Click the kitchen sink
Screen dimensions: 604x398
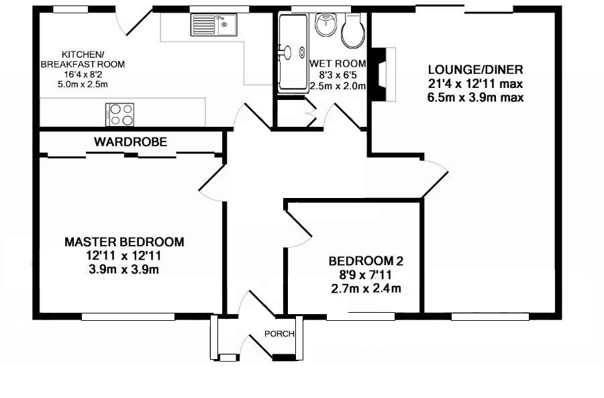pos(213,24)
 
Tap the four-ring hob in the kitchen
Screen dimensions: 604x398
pos(120,114)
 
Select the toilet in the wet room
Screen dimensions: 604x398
pos(353,31)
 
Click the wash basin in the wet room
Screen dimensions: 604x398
pos(326,25)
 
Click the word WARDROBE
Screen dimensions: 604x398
pos(131,142)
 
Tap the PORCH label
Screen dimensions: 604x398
pos(279,334)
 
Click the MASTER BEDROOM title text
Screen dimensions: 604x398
pos(124,242)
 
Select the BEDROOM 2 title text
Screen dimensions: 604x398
pos(366,261)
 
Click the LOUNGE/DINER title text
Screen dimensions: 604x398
pos(476,70)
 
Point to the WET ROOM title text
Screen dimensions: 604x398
pos(338,63)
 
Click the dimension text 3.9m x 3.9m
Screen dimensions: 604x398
pos(123,269)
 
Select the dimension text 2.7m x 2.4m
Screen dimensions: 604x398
pos(366,288)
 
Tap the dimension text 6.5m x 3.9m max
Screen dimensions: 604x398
pos(476,97)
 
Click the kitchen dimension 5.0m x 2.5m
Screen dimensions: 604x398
pos(83,85)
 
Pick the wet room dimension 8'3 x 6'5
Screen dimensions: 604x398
pos(338,74)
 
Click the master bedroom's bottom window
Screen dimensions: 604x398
pos(128,317)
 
